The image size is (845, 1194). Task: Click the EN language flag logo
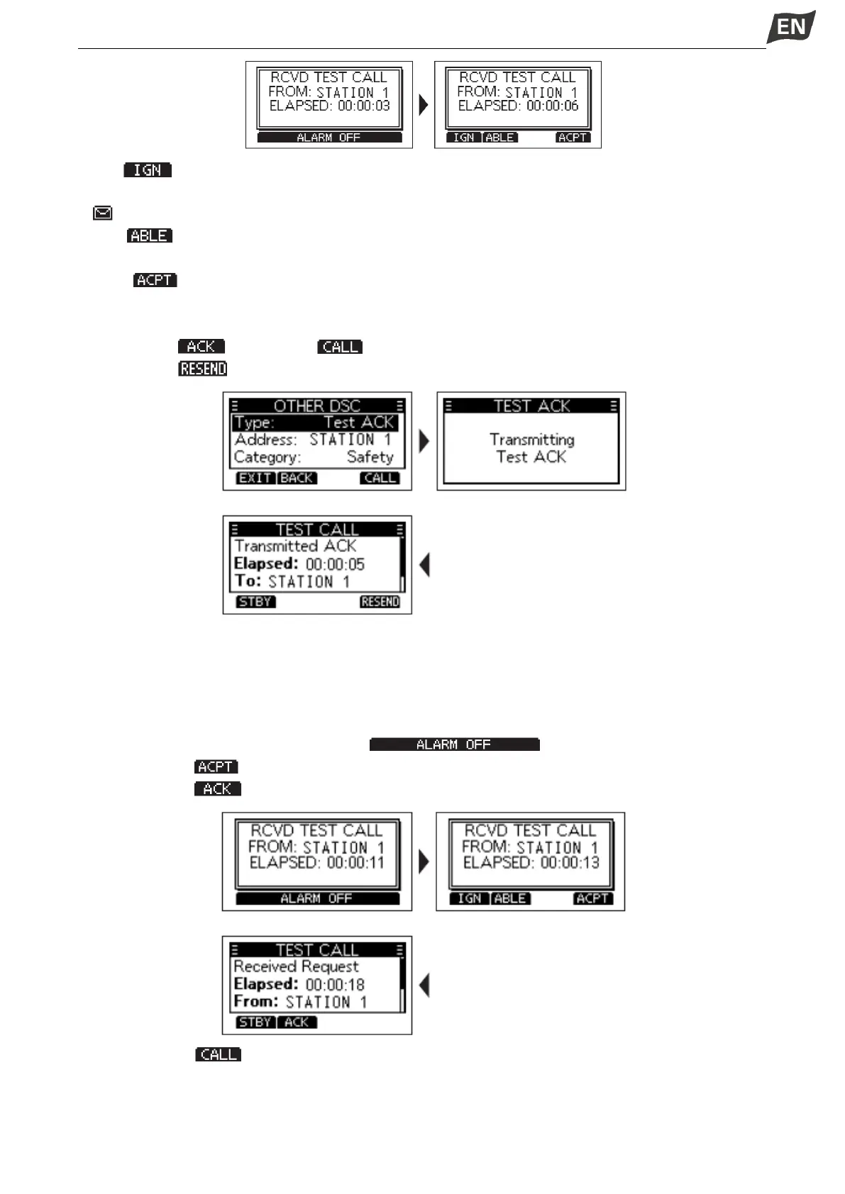tap(790, 27)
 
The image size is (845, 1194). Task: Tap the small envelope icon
tap(103, 213)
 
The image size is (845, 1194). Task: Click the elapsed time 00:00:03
tap(364, 106)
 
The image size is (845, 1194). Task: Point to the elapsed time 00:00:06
tap(553, 106)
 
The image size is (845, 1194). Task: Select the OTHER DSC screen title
tap(317, 406)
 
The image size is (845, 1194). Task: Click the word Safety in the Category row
tap(370, 457)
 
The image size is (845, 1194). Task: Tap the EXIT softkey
tap(255, 478)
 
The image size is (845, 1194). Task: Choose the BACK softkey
tap(297, 478)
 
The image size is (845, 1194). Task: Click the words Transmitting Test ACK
tap(531, 448)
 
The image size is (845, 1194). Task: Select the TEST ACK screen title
tap(531, 406)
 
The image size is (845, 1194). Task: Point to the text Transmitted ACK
tap(295, 546)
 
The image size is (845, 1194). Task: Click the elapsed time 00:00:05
tap(335, 564)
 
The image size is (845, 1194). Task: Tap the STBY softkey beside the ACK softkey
tap(255, 1022)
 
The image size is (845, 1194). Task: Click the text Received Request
tap(296, 966)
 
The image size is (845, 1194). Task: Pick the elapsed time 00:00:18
tap(335, 985)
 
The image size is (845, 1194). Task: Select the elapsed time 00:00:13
tap(570, 863)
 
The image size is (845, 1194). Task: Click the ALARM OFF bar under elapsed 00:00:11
tap(316, 898)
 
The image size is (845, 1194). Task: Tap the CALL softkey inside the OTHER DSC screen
tap(380, 478)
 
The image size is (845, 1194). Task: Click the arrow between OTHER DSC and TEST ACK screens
tap(424, 441)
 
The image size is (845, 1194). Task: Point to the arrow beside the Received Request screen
tap(424, 985)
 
